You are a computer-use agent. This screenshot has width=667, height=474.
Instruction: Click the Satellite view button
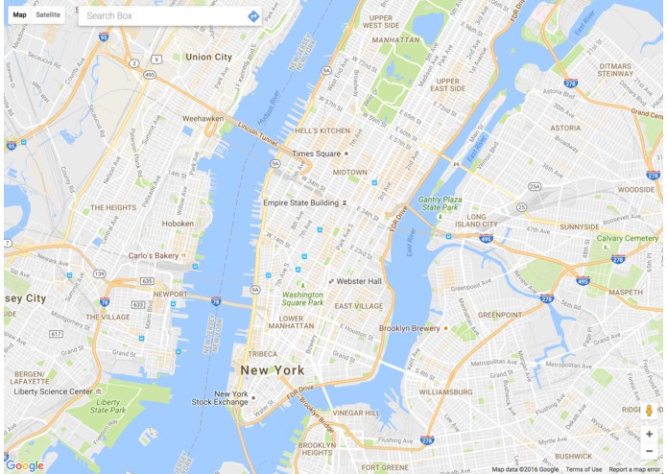[x=48, y=15]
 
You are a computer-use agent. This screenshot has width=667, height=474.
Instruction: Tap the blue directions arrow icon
[x=252, y=16]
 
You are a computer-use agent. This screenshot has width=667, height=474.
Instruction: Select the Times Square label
[x=316, y=154]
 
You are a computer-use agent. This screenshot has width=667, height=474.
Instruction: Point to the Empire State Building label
[x=300, y=203]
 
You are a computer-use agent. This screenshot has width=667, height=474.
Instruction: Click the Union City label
[x=208, y=58]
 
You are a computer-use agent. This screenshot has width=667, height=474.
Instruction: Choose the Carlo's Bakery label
[x=154, y=256]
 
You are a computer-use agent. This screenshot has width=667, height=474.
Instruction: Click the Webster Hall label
[x=359, y=281]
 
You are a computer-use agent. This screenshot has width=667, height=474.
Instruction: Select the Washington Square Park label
[x=302, y=298]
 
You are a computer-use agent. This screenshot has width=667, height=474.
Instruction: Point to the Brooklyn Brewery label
[x=409, y=328]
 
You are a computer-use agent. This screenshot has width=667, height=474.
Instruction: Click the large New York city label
[x=272, y=370]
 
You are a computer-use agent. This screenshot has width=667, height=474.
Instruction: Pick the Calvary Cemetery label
[x=627, y=238]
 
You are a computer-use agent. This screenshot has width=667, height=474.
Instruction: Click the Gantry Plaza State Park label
[x=440, y=203]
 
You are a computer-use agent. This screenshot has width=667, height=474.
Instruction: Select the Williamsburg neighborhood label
[x=445, y=392]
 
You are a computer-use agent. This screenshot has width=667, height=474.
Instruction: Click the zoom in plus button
[x=649, y=434]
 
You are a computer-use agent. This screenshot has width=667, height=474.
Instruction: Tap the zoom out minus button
[x=649, y=451]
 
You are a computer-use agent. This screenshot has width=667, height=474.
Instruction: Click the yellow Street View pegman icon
[x=649, y=411]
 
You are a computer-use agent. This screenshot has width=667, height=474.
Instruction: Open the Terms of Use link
[x=584, y=469]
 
